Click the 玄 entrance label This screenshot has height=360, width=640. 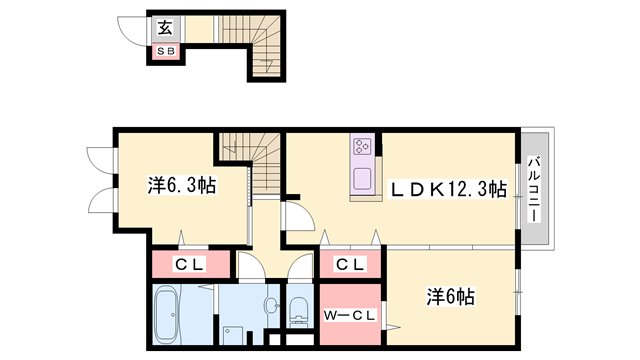click(165, 27)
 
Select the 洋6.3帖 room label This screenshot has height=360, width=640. click(182, 185)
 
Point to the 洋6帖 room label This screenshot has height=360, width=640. click(451, 296)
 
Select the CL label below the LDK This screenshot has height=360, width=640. click(350, 264)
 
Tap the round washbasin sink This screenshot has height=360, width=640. click(271, 305)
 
